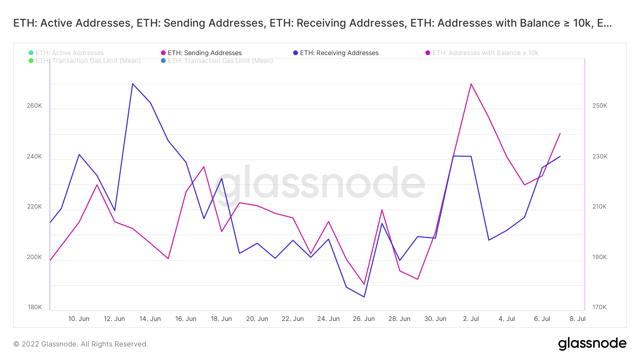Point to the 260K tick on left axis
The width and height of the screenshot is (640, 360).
coord(34,106)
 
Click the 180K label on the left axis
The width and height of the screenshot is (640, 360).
coord(35,307)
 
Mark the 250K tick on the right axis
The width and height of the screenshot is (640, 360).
coord(600,106)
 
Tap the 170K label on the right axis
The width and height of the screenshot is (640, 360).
coord(599,307)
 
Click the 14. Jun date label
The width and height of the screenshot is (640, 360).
coord(150,319)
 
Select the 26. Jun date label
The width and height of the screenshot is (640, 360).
coord(364,319)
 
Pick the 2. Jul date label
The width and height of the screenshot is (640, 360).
coord(471,319)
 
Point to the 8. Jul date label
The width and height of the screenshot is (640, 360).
coord(577,319)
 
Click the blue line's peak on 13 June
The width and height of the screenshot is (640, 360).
coord(133,84)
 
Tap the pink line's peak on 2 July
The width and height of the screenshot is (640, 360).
coord(471,84)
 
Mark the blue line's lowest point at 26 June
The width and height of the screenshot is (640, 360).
coord(364,297)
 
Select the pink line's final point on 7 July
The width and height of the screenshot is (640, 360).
coord(560,133)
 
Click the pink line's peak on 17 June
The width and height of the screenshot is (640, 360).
coord(204,167)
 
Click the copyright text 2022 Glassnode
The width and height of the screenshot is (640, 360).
coord(81,344)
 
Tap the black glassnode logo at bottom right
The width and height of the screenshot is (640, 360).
coord(592,344)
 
